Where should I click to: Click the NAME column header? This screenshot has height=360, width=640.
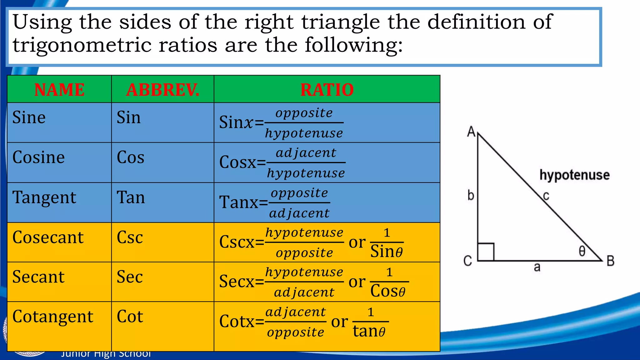click(59, 90)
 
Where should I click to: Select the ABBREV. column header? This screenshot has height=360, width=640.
click(162, 90)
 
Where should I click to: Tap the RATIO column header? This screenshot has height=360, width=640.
click(327, 90)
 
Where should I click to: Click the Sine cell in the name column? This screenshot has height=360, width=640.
click(29, 118)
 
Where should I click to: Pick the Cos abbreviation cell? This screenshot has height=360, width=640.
click(130, 157)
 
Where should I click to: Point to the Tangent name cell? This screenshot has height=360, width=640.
click(44, 198)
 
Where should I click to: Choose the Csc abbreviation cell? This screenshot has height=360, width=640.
click(130, 237)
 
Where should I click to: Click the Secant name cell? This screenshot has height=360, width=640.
click(38, 277)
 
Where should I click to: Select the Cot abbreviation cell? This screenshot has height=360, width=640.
click(130, 317)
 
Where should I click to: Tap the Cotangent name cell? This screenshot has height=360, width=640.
click(53, 317)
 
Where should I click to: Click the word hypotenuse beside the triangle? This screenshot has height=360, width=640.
click(574, 175)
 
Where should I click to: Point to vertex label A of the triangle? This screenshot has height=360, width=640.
click(471, 132)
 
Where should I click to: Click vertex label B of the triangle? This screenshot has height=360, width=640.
click(610, 261)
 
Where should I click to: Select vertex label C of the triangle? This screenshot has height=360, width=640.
click(467, 261)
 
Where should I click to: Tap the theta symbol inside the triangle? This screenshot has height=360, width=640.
click(582, 251)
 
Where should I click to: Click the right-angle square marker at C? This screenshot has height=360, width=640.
click(486, 252)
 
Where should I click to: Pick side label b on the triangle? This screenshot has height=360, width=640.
click(471, 196)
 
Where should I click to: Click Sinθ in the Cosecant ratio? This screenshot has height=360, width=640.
click(387, 252)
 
